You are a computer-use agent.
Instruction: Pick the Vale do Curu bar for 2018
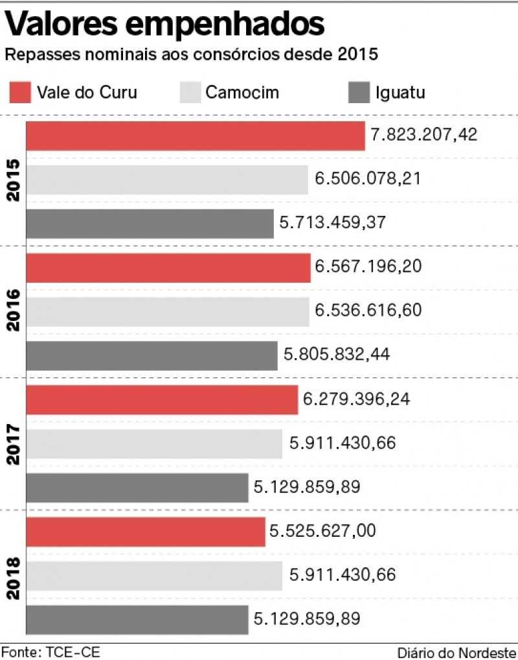click(x=145, y=532)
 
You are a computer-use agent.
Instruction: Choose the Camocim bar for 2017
click(x=153, y=443)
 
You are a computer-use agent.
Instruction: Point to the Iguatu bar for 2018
click(x=137, y=620)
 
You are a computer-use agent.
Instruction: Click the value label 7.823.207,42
click(x=424, y=135)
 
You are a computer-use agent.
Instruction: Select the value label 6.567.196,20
click(x=368, y=266)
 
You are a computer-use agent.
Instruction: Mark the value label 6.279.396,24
click(x=356, y=399)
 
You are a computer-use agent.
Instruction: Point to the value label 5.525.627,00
click(x=322, y=531)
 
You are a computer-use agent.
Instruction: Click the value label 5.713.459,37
click(x=333, y=222)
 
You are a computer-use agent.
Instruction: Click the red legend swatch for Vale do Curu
click(x=19, y=92)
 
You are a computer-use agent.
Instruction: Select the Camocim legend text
click(x=242, y=92)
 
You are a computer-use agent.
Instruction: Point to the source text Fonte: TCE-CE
click(x=51, y=652)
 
